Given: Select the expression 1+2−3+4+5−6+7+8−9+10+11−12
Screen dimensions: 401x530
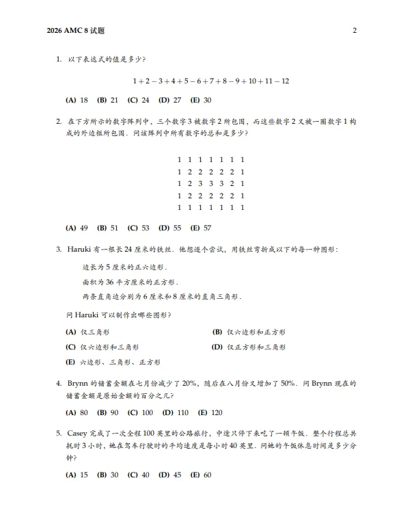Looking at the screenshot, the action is tap(210, 81).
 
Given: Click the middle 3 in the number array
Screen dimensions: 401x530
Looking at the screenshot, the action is tap(210, 183).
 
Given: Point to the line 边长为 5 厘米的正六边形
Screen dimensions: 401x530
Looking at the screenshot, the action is tap(124, 266).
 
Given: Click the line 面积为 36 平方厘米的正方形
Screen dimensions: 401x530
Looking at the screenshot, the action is tap(130, 282).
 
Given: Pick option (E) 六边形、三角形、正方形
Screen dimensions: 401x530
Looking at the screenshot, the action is tap(113, 362).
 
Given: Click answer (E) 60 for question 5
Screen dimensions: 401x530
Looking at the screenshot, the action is tap(201, 475).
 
